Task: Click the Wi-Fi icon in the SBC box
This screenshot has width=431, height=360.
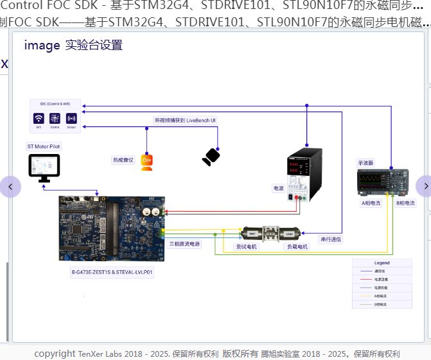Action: pyautogui.click(x=39, y=119)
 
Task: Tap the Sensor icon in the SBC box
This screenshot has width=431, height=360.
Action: pyautogui.click(x=71, y=119)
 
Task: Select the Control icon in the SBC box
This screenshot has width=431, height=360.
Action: pyautogui.click(x=55, y=119)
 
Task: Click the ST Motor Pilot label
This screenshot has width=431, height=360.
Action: pyautogui.click(x=44, y=146)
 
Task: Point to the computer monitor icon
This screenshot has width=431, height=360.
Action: pyautogui.click(x=44, y=168)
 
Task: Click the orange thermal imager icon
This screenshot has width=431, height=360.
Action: pyautogui.click(x=146, y=162)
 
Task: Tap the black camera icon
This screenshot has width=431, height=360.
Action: pyautogui.click(x=211, y=157)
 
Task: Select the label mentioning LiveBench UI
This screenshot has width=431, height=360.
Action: pyautogui.click(x=185, y=120)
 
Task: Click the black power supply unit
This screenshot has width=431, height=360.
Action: pyautogui.click(x=304, y=173)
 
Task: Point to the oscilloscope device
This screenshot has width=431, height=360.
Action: pyautogui.click(x=383, y=182)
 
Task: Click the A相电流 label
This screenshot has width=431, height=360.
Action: pyautogui.click(x=371, y=203)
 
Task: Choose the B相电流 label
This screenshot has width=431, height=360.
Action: pyautogui.click(x=405, y=203)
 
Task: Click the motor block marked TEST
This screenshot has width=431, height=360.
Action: pyautogui.click(x=252, y=234)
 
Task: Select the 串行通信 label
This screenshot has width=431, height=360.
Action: pyautogui.click(x=331, y=239)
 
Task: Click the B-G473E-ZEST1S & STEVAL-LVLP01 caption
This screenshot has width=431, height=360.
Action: pyautogui.click(x=112, y=272)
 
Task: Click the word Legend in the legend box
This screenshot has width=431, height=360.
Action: pyautogui.click(x=382, y=263)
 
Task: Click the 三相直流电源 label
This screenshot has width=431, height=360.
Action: pyautogui.click(x=184, y=244)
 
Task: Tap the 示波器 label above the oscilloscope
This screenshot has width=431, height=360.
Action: pyautogui.click(x=366, y=163)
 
